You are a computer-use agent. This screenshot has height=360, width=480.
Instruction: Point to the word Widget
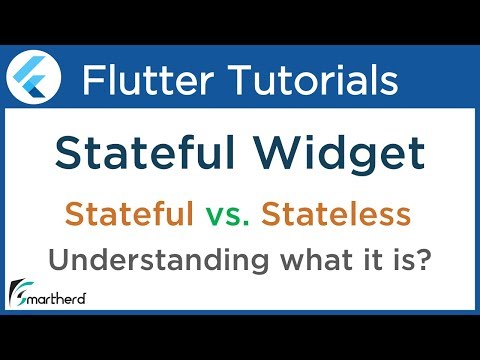click(339, 156)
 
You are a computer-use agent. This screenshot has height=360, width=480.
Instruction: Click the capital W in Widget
click(275, 156)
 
